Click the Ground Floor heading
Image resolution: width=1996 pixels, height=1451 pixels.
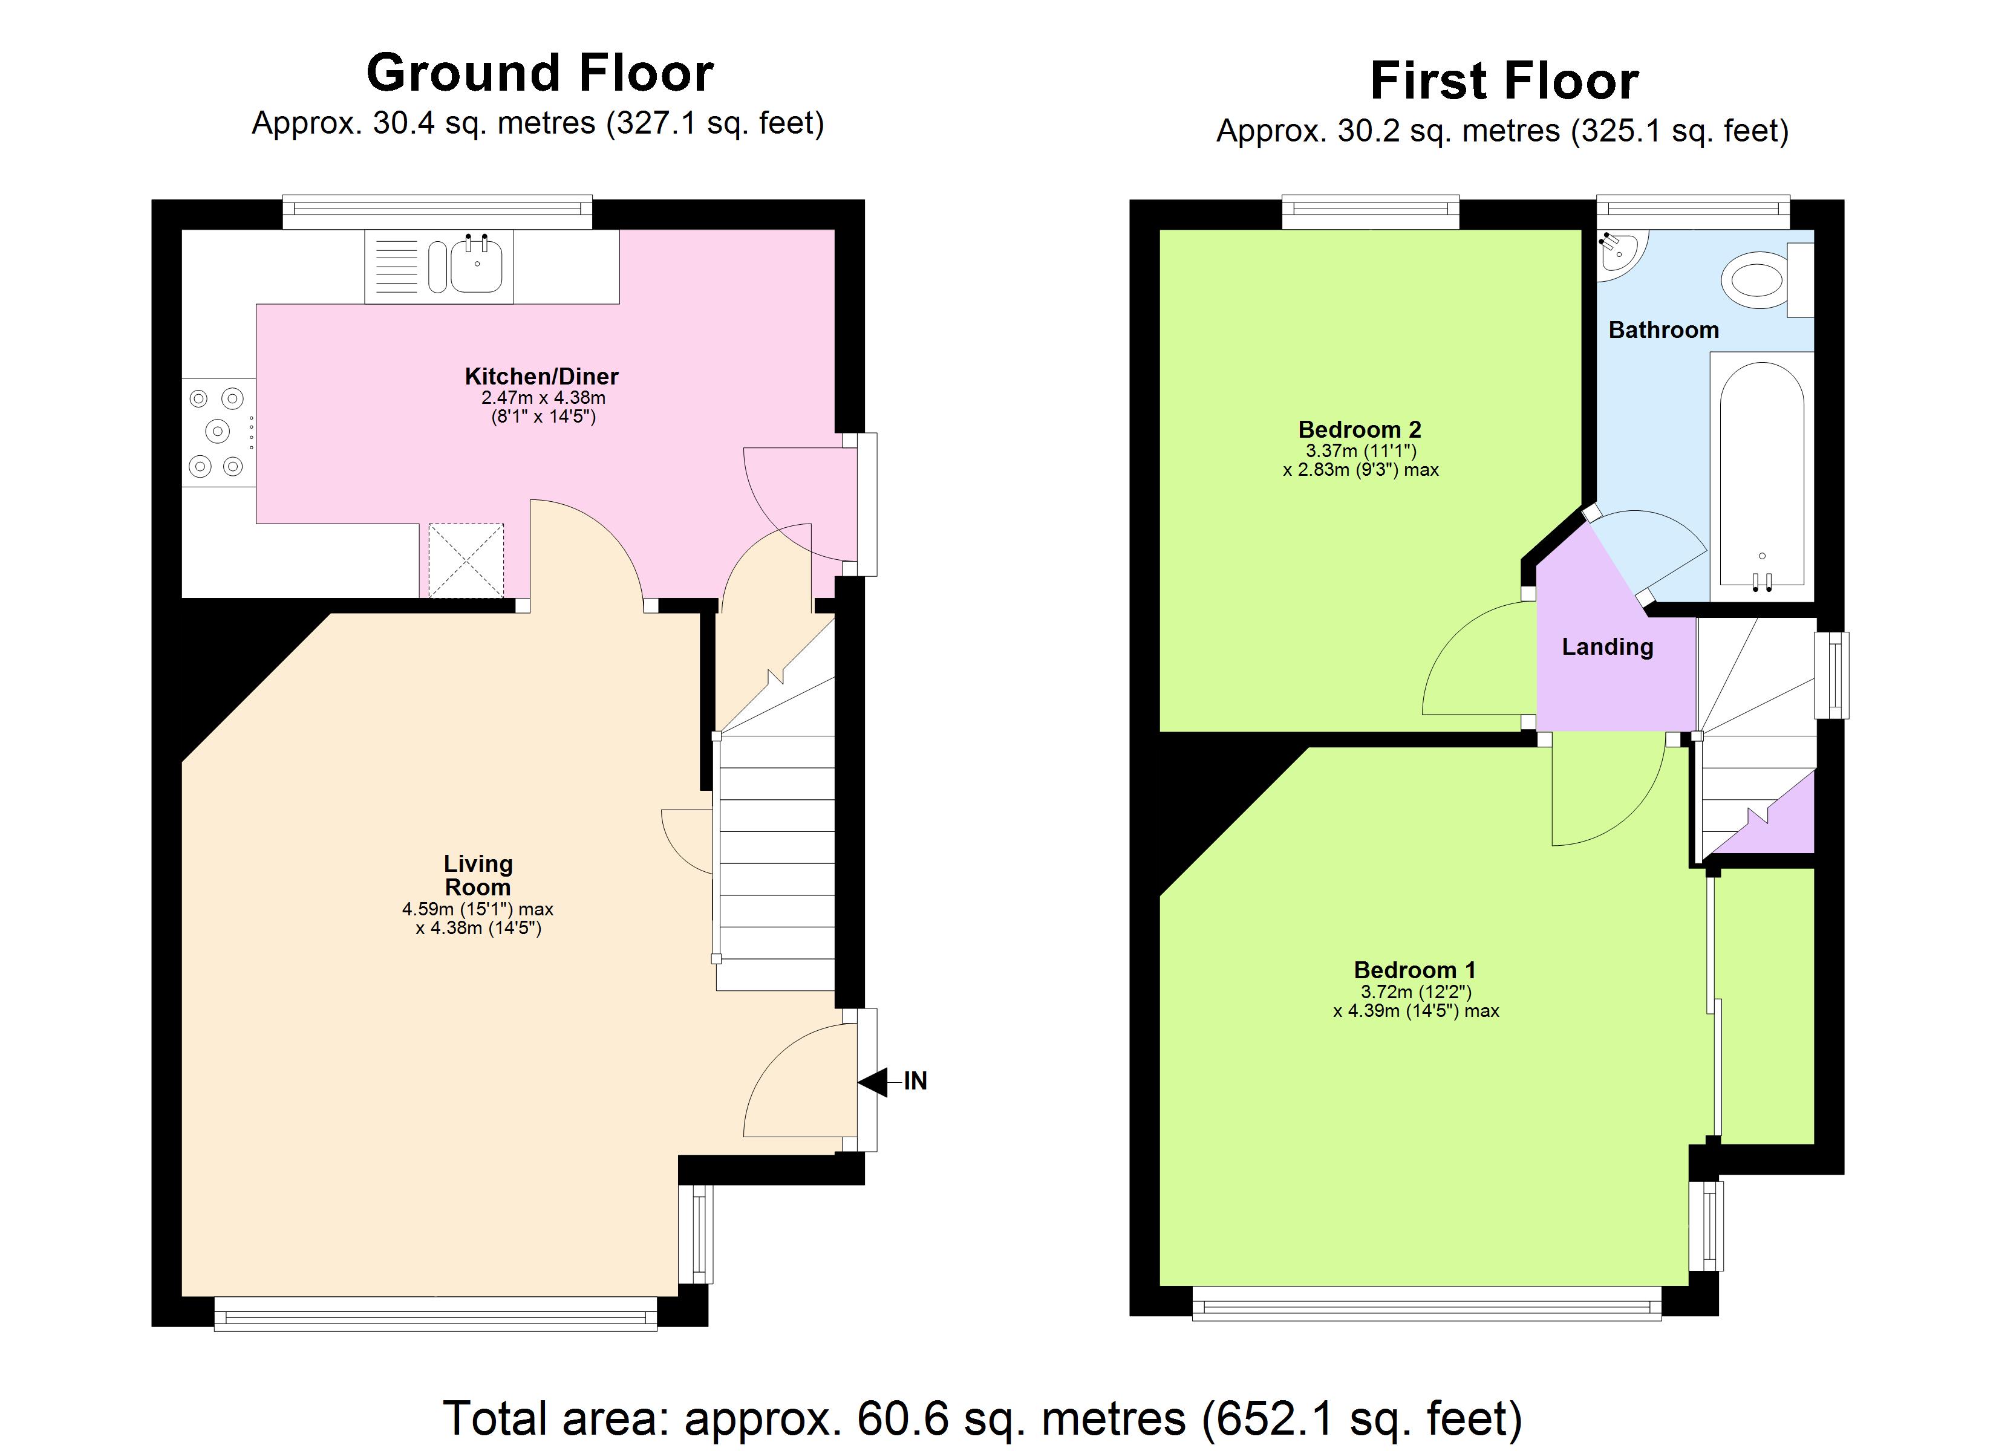pos(540,73)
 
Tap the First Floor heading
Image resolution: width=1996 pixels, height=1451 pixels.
pos(1504,81)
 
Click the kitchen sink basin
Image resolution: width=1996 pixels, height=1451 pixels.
pos(477,265)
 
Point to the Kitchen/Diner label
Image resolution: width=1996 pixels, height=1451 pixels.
pos(541,377)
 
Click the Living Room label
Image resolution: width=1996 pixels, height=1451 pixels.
pos(478,875)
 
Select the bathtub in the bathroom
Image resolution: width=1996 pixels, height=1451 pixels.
pos(1762,476)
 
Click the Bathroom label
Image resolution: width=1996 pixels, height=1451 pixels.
pos(1663,330)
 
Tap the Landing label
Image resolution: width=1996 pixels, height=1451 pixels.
pos(1607,647)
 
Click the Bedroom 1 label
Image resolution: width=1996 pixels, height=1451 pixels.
pos(1414,970)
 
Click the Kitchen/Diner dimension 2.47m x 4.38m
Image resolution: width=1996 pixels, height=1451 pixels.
pos(543,398)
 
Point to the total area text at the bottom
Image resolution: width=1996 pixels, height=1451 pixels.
pos(982,1418)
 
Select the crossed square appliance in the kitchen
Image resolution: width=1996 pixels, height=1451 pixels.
pos(466,560)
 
